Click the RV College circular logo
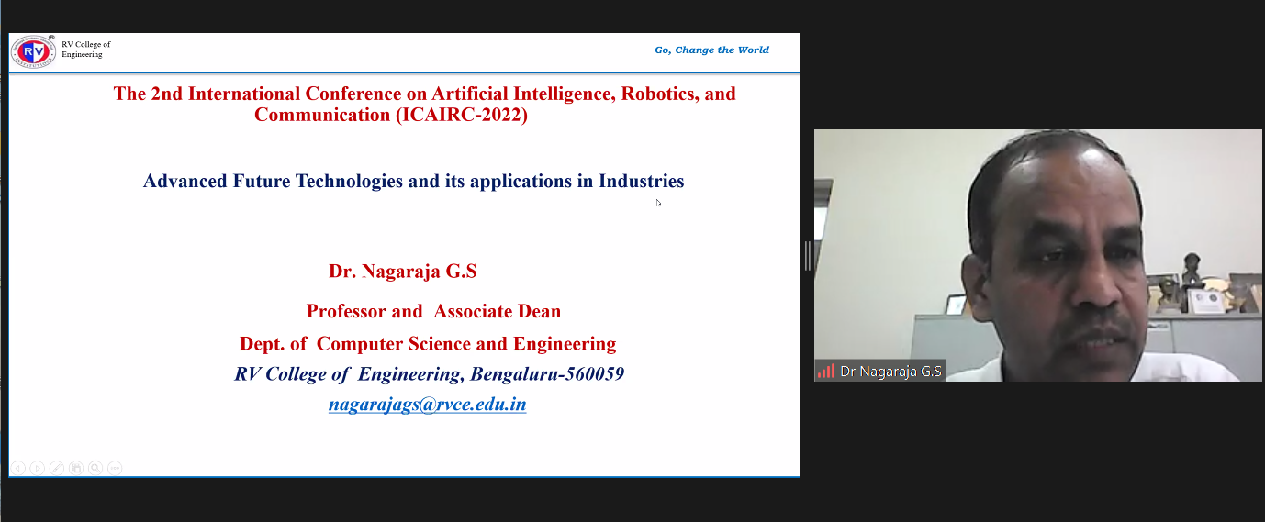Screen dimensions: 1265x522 pos(33,52)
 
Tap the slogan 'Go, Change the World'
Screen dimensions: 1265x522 pos(711,50)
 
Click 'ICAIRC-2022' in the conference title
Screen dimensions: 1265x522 pos(462,115)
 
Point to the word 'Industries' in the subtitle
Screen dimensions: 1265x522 pos(641,181)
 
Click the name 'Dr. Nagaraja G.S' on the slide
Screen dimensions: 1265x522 pos(403,271)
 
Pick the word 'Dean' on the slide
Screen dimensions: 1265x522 pos(539,311)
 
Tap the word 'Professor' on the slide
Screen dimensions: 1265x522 pos(345,311)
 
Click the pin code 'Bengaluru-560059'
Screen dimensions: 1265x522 pos(547,373)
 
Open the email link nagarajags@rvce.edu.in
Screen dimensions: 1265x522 pos(428,404)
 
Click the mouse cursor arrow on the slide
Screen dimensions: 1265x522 pos(658,203)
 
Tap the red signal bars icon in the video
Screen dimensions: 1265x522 pos(826,371)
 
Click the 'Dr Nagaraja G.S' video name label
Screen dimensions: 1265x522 pos(890,372)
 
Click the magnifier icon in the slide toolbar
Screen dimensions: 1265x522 pos(95,468)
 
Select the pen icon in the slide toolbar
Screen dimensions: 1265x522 pos(57,468)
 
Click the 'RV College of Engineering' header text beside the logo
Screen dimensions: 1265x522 pos(86,50)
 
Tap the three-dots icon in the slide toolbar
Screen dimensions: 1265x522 pos(115,468)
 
